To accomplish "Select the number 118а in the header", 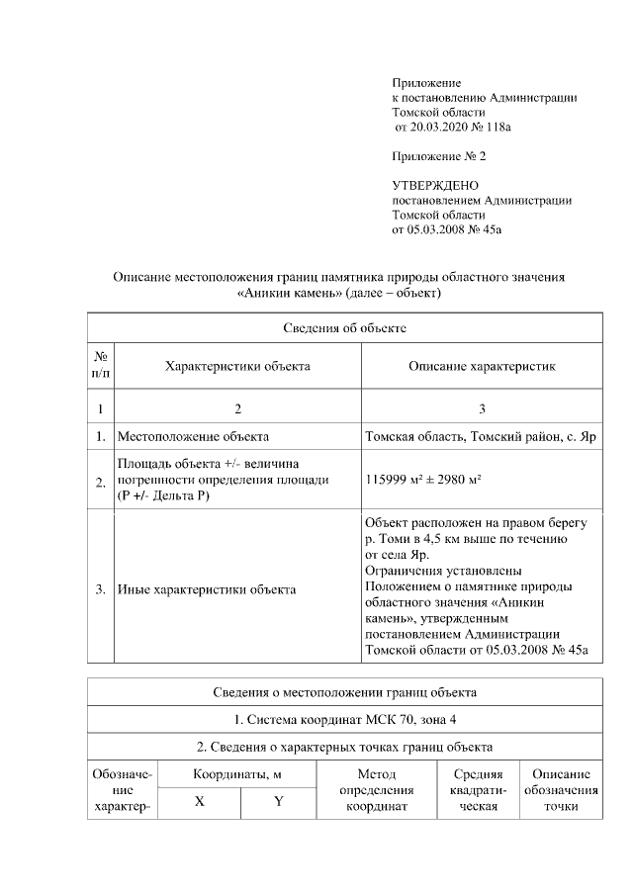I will (510, 128).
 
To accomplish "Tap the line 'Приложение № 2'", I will (439, 156).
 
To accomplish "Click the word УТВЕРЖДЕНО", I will (435, 185).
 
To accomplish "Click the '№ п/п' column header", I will (101, 365).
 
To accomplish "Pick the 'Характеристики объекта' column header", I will (237, 366).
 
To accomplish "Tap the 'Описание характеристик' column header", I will (482, 366).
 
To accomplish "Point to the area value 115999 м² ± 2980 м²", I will (423, 479).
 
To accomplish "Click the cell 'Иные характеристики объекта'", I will (207, 590).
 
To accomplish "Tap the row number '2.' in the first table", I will (101, 482).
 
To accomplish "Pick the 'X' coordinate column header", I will (199, 802).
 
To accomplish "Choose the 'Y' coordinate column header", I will (278, 802).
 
